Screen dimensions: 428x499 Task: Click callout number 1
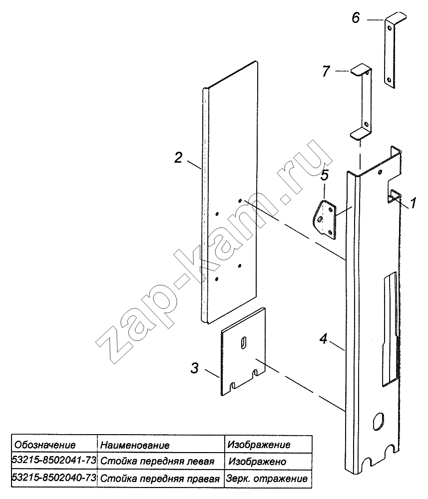pos(413,203)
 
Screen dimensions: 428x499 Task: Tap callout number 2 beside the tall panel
pos(178,158)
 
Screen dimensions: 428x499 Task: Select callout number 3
pos(195,368)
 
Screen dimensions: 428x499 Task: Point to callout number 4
pos(324,339)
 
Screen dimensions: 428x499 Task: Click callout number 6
pos(356,18)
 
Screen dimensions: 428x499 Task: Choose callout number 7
pos(326,71)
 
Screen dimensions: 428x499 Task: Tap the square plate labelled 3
pos(243,351)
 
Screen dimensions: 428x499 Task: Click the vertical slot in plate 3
pos(244,342)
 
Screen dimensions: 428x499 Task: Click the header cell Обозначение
pos(45,445)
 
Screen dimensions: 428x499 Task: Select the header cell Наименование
pos(135,445)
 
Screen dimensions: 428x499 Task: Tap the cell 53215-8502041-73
pos(54,461)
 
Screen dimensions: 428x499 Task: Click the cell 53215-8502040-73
pos(54,478)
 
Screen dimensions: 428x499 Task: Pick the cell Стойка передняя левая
pos(157,461)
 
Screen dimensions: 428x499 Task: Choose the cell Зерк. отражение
pos(267,479)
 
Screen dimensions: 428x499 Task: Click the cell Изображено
pos(257,462)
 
